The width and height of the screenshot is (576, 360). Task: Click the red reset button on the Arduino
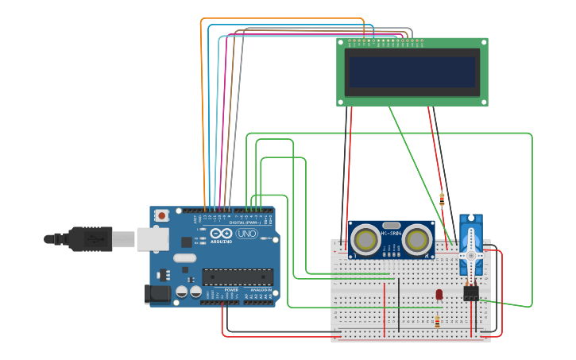tap(162, 215)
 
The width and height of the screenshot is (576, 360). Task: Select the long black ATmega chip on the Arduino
tap(238, 277)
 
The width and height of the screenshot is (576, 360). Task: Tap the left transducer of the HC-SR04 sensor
tap(365, 239)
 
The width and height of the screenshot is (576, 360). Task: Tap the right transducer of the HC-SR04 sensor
tap(417, 239)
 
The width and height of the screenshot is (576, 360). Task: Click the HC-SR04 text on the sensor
tap(391, 232)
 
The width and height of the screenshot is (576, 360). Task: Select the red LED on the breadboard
tap(439, 295)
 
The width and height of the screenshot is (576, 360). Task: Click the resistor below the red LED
tap(437, 322)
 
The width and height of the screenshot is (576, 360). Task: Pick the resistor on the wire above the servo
tap(442, 199)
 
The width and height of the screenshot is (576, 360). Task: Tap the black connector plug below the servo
tap(471, 293)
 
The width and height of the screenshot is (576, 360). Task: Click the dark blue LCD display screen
tap(412, 72)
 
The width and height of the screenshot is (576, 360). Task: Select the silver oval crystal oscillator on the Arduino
tap(184, 257)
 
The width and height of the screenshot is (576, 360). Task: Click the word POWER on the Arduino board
tap(231, 290)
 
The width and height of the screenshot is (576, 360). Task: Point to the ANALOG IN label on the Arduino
tap(260, 290)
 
